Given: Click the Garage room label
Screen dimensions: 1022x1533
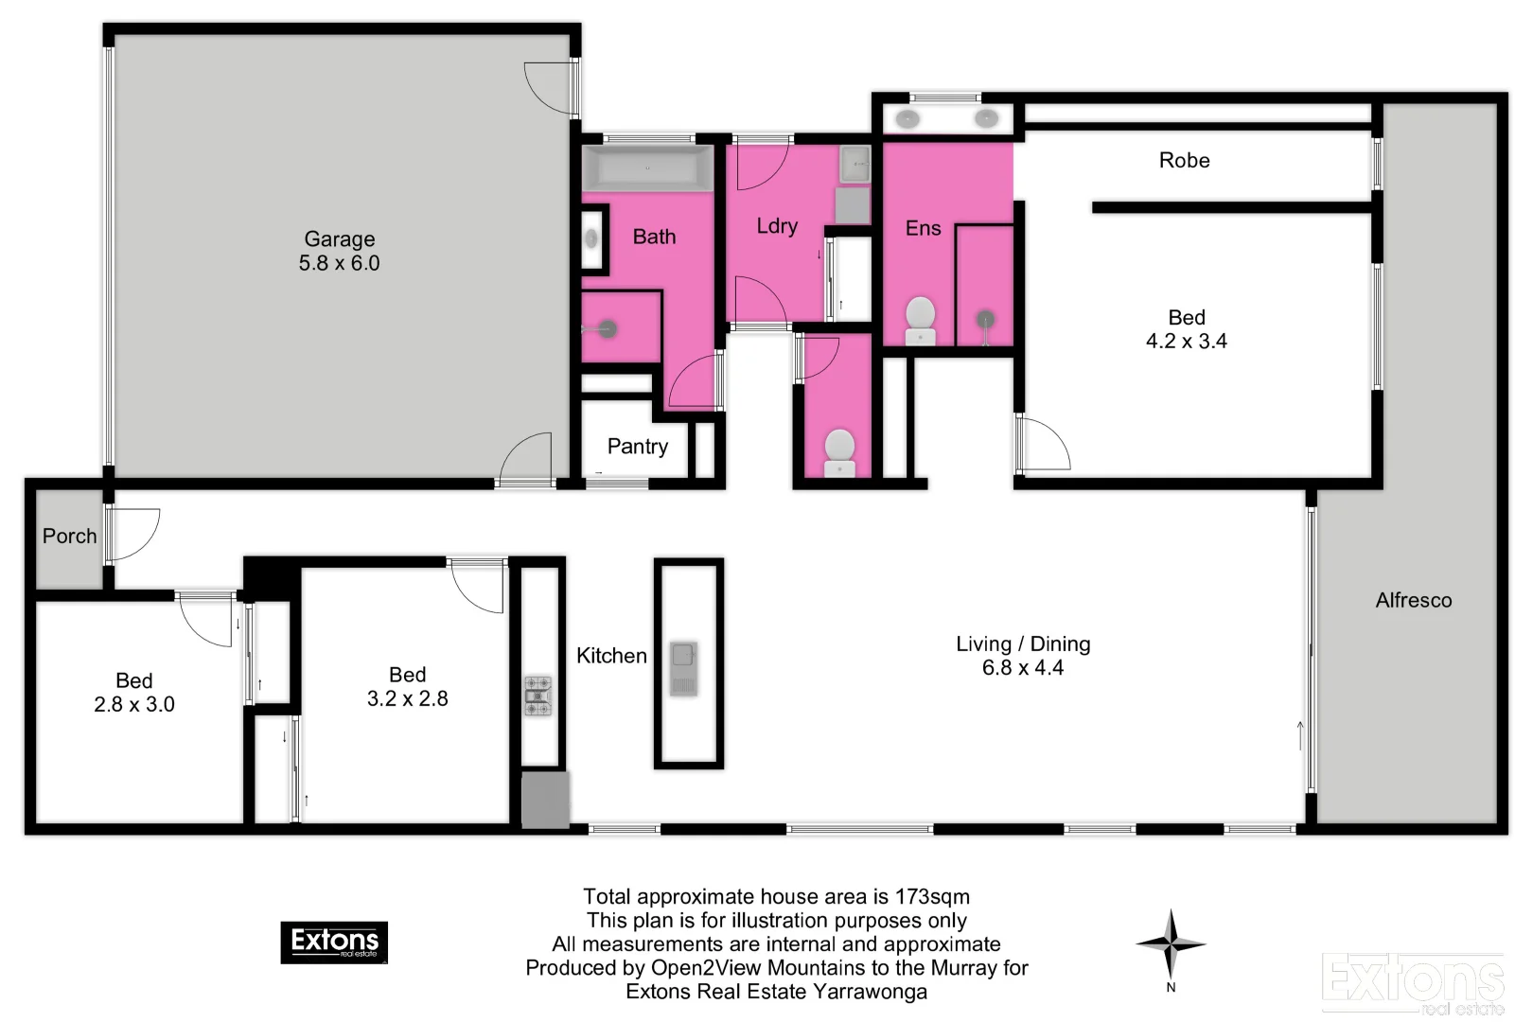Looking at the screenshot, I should [339, 239].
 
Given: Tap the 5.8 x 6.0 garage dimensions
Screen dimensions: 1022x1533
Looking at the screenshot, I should [339, 264].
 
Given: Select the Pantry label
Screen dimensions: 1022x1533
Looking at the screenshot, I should [637, 447].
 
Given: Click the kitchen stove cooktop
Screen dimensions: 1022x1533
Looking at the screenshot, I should [538, 696].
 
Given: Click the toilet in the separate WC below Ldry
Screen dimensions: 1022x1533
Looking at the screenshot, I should [839, 453].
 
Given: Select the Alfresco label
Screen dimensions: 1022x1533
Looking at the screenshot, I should [1413, 600].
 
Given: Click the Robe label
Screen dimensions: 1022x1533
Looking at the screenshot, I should [1184, 161].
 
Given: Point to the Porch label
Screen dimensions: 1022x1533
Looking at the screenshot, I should [69, 537].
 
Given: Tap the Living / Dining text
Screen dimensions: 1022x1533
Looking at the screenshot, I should [1022, 644].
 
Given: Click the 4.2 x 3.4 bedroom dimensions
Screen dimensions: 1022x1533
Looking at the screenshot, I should [1186, 342].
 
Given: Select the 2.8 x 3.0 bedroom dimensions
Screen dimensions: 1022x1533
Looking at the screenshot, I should [133, 705].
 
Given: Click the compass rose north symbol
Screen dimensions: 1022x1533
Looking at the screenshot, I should [1171, 944].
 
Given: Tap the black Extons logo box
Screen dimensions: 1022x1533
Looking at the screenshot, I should [334, 943].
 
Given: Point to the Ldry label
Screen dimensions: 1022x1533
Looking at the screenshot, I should [777, 226].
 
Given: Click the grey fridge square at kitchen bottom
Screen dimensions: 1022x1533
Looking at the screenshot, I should [546, 800].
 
